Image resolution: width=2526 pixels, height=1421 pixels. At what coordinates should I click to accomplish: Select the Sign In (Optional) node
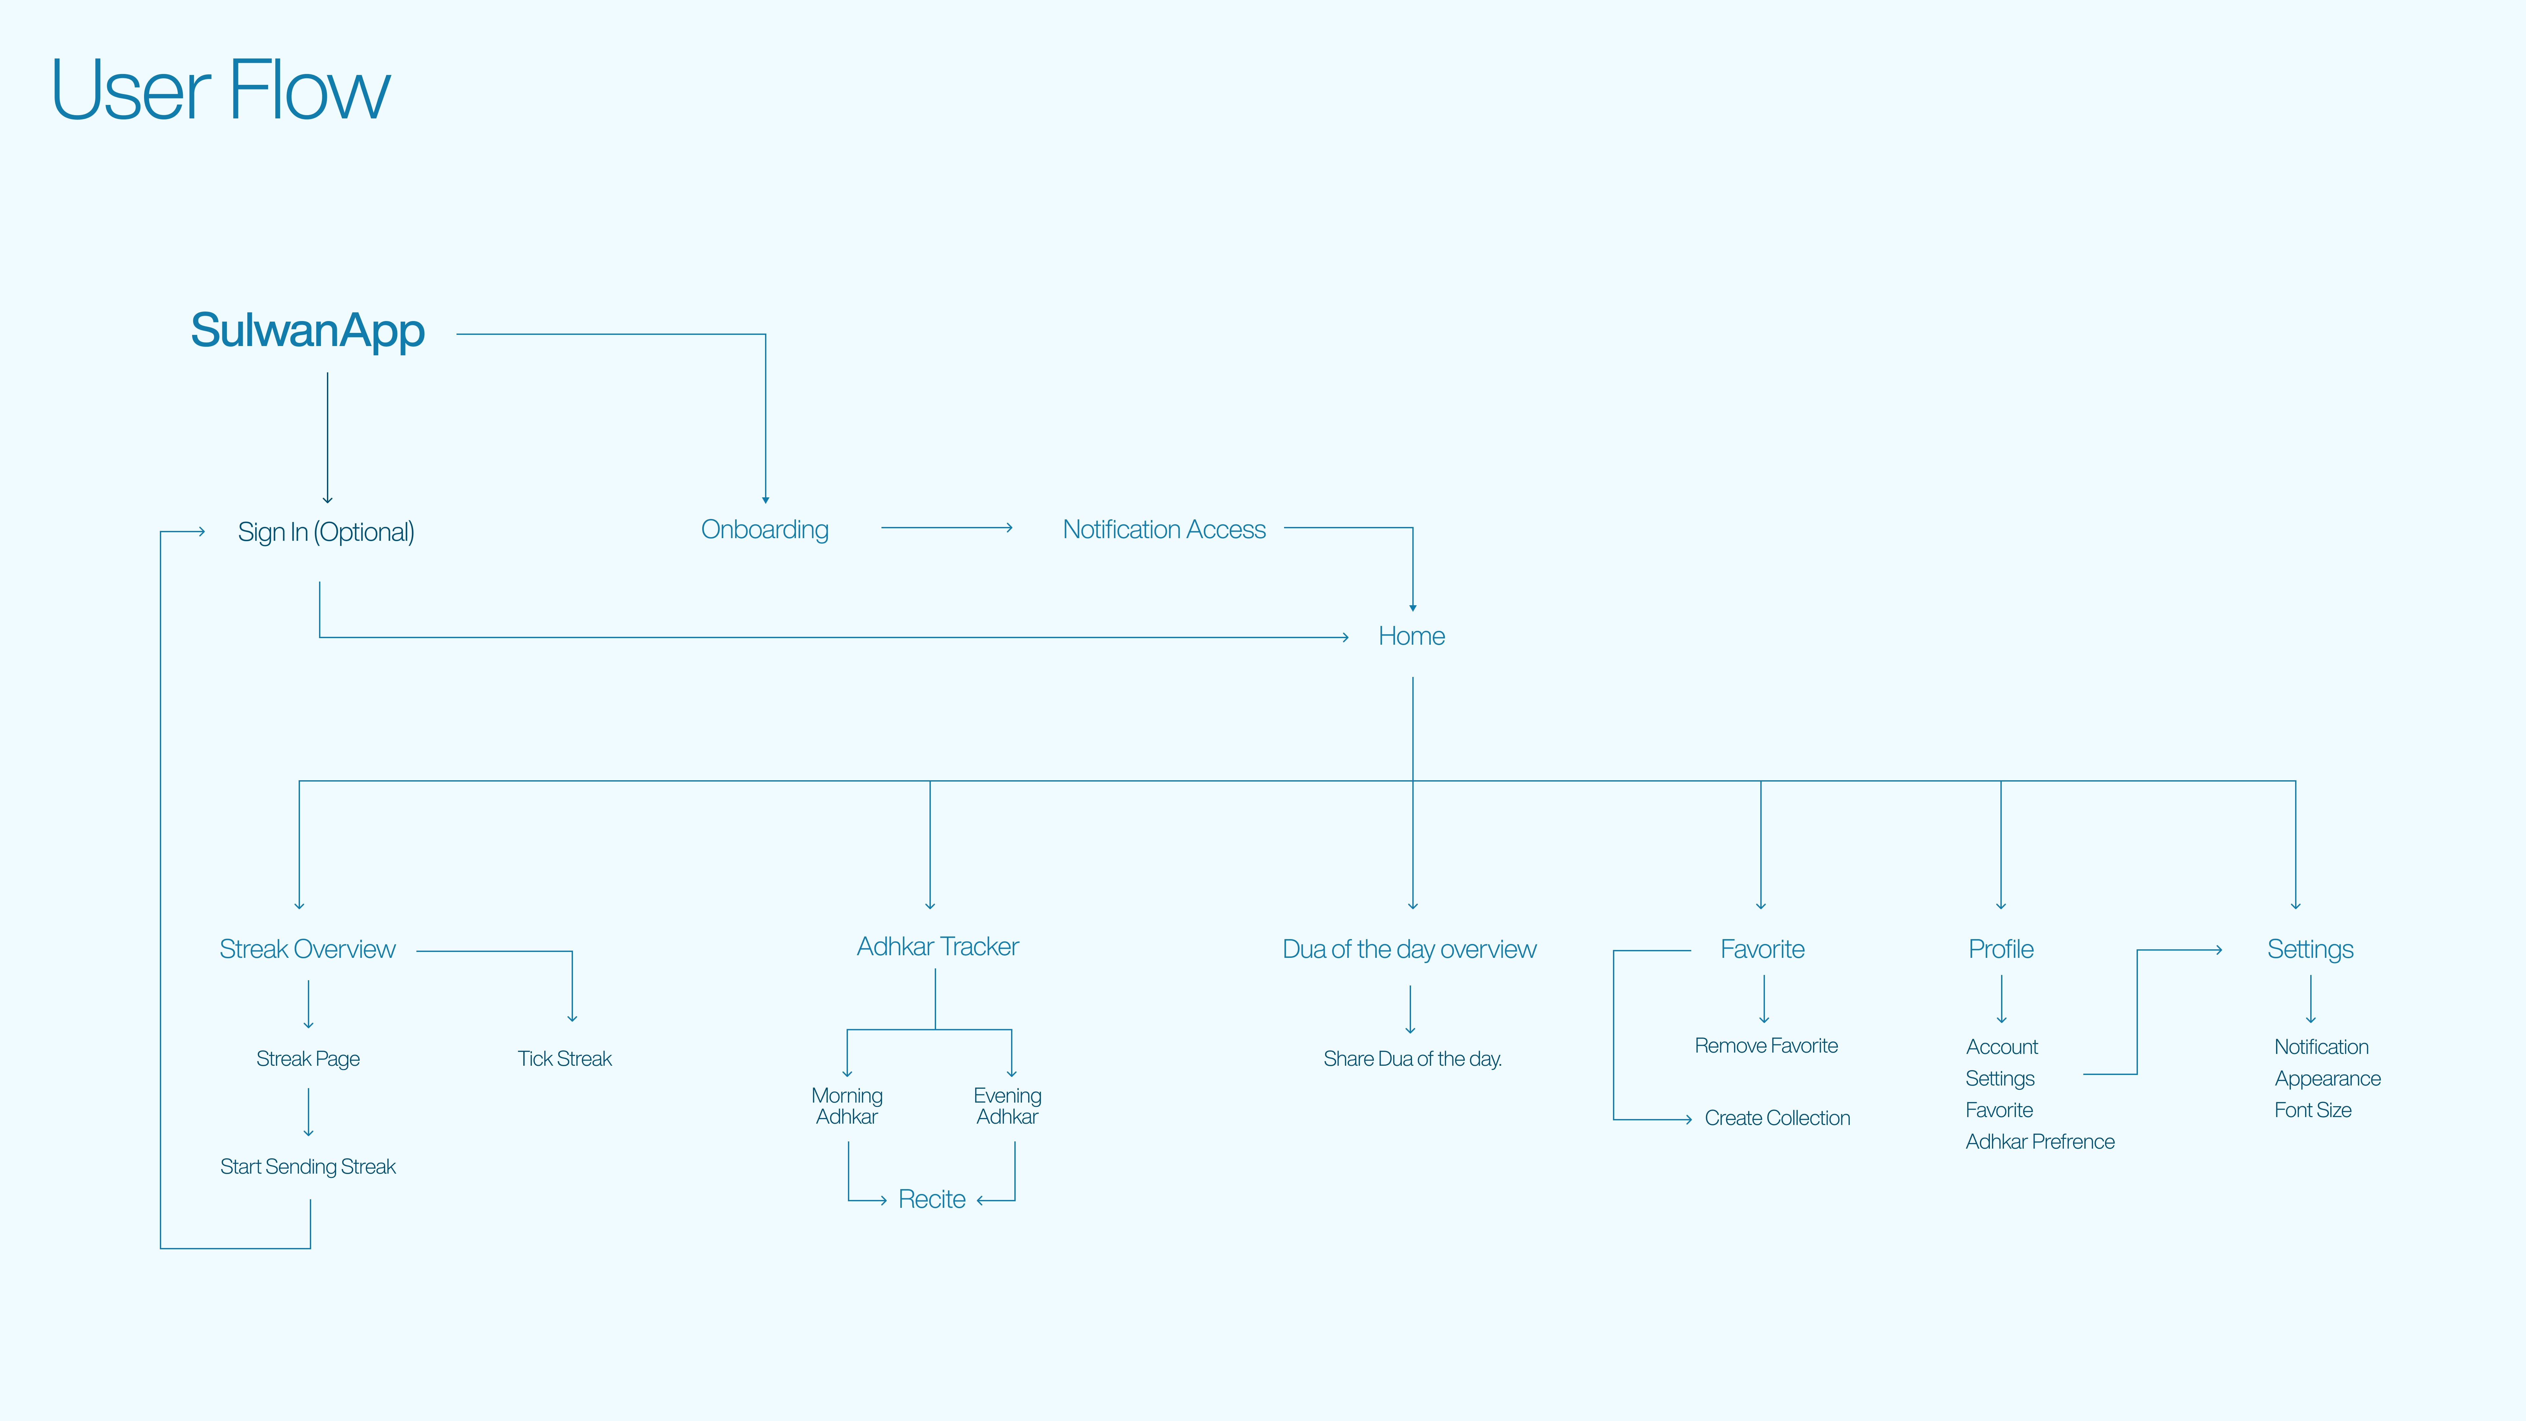(x=326, y=532)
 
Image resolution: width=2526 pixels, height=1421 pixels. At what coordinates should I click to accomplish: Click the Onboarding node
(x=765, y=530)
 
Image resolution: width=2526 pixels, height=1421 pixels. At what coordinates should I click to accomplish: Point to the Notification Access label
(x=1164, y=530)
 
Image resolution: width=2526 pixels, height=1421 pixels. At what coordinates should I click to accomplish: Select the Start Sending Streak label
(x=308, y=1166)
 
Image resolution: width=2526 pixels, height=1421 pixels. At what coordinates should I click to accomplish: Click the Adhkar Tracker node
(x=937, y=946)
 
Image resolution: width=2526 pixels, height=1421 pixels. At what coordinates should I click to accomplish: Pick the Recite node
(x=931, y=1199)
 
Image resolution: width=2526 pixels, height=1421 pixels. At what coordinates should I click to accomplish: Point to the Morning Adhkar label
(x=847, y=1106)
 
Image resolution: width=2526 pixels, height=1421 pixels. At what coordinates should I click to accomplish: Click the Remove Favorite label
(x=1766, y=1045)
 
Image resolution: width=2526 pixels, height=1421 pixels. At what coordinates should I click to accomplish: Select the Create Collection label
(x=1777, y=1118)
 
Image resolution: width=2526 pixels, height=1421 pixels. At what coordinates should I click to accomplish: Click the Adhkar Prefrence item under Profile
(x=2040, y=1141)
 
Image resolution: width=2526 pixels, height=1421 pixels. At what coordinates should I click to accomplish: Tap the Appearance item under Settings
(x=2327, y=1079)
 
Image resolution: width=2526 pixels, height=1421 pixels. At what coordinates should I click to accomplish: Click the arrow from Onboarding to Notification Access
(x=946, y=528)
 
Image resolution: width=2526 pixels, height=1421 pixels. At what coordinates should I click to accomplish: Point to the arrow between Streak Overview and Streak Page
(x=309, y=1004)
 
